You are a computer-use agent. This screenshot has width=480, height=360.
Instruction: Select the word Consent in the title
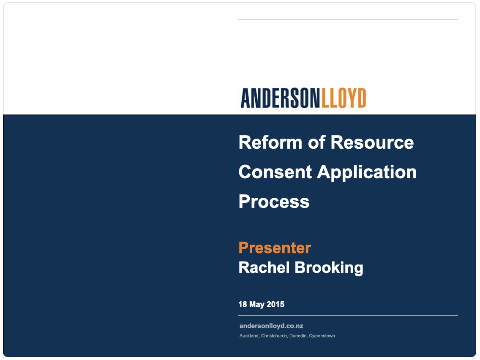[275, 172]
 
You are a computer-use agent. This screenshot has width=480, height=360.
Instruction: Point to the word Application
[367, 172]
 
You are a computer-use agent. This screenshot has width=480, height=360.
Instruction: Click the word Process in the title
[274, 202]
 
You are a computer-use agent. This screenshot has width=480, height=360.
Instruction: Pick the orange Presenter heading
[275, 248]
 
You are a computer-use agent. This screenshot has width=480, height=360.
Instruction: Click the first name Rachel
[264, 267]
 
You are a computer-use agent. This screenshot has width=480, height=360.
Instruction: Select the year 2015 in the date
[275, 304]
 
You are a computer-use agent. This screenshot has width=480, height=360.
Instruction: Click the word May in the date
[257, 304]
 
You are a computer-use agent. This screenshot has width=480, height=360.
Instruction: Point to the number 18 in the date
[243, 304]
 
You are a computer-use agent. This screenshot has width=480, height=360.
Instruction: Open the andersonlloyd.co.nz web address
[271, 326]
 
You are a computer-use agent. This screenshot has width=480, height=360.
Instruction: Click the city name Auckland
[249, 336]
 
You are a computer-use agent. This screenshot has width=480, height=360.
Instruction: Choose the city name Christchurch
[274, 336]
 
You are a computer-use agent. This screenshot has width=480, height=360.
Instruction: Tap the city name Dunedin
[298, 336]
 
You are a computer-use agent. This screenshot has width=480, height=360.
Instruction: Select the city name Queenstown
[322, 336]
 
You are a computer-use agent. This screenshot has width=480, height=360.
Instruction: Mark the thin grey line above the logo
[348, 20]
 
